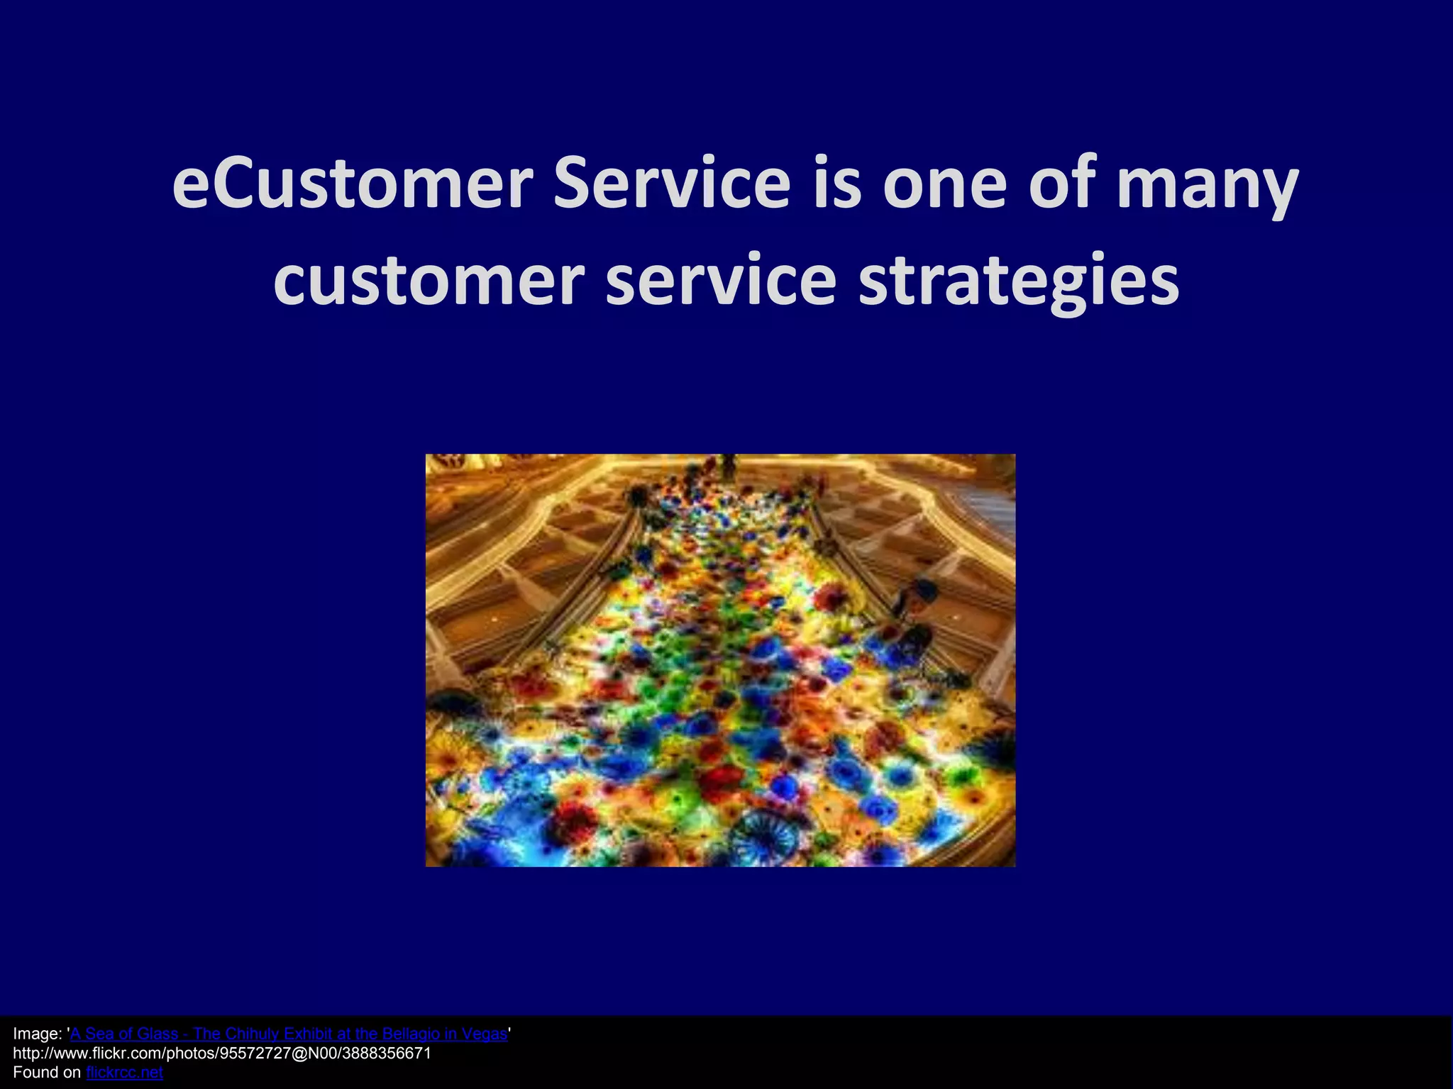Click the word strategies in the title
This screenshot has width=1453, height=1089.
tap(1019, 281)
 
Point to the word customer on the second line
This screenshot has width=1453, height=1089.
tap(429, 281)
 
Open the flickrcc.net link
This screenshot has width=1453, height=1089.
tap(124, 1073)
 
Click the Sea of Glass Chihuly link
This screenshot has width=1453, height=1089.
tap(289, 1034)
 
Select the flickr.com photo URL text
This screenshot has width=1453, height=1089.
tap(221, 1054)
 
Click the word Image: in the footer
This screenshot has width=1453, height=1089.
tap(38, 1034)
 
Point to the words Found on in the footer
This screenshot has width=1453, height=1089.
tap(47, 1073)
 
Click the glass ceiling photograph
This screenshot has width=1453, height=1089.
tap(720, 660)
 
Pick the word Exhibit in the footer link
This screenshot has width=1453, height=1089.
tap(307, 1034)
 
